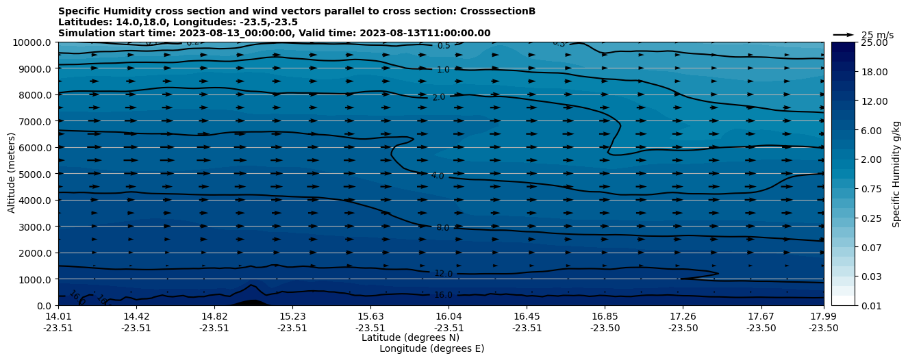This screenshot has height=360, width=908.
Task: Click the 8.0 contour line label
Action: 442,228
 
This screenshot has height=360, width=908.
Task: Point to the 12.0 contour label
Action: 443,274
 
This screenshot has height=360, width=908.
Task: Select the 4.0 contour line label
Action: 438,176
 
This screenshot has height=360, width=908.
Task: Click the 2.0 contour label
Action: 439,97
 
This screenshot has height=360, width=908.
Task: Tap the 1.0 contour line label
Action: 443,70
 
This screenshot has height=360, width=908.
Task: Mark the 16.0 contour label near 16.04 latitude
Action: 443,295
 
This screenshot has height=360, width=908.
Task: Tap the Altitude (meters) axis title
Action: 12,172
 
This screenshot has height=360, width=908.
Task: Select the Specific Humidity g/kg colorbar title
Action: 896,174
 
